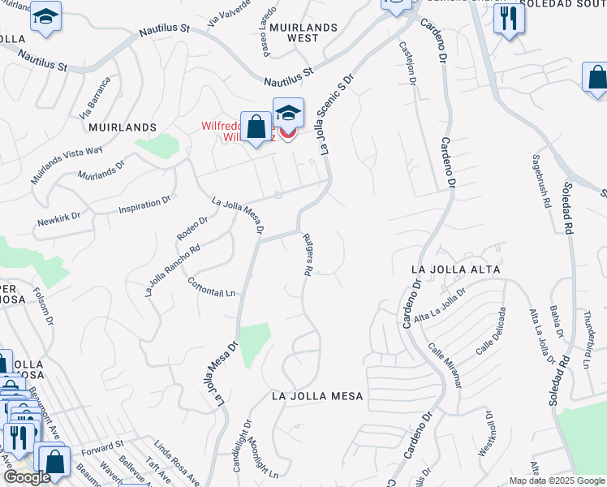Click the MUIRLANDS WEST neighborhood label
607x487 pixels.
303,32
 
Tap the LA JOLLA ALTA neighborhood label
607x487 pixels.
455,269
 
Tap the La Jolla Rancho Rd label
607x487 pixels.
172,271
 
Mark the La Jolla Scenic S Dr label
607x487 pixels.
339,115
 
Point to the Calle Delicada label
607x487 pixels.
492,331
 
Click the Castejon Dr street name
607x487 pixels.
407,65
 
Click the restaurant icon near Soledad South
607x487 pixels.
509,18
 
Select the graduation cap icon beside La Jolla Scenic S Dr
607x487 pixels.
287,114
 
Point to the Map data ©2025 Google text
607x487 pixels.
556,481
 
